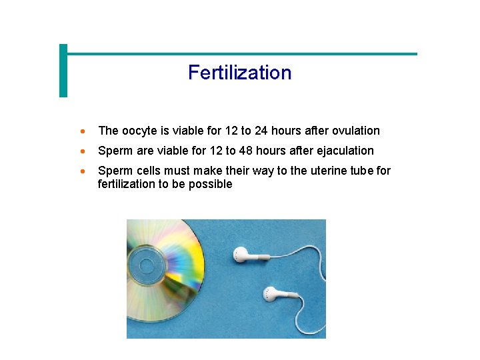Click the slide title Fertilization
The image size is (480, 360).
[239, 72]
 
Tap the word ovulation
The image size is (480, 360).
[354, 131]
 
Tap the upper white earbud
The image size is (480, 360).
[241, 254]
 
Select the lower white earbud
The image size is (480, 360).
[271, 293]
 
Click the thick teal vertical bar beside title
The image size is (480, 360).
[63, 71]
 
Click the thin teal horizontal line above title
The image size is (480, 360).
[240, 54]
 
